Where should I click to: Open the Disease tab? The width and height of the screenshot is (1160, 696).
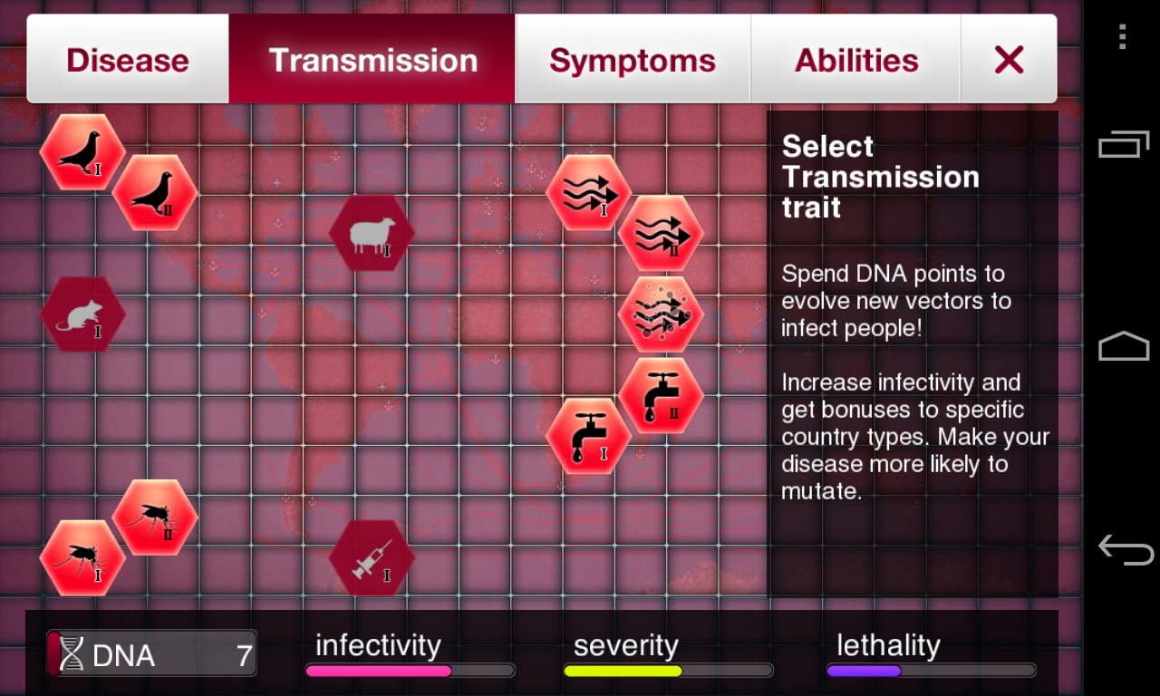coord(128,59)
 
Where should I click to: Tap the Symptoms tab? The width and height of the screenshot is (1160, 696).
coord(633,59)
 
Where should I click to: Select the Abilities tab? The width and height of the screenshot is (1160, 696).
coord(856,59)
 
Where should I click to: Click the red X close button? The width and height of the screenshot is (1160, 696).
coord(1009,59)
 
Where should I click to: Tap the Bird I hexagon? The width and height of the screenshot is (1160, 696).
coord(82,152)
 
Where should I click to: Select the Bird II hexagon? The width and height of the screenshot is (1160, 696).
coord(155,193)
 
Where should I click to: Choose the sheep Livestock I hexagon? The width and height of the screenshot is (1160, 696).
coord(372,233)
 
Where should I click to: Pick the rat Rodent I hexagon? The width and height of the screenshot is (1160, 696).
coord(82,314)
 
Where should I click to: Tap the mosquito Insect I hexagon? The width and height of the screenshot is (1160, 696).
coord(82,558)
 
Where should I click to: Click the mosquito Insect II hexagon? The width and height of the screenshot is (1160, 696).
coord(155,517)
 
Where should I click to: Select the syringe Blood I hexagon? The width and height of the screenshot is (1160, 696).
coord(372,558)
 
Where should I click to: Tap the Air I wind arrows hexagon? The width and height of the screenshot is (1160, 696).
coord(589,193)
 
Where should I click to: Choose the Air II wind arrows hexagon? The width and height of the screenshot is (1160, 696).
coord(662,233)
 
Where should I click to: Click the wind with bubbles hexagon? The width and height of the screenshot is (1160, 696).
coord(662,314)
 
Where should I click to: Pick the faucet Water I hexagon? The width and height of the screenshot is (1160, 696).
coord(589,436)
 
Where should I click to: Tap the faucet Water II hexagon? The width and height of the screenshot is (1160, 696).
coord(662,396)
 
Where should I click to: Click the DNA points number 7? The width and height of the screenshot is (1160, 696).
coord(244,655)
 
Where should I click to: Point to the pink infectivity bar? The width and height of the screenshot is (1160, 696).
coord(379,672)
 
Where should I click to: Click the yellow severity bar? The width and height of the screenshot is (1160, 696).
coord(623,672)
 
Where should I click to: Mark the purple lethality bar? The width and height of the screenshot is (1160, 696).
coord(864,672)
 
